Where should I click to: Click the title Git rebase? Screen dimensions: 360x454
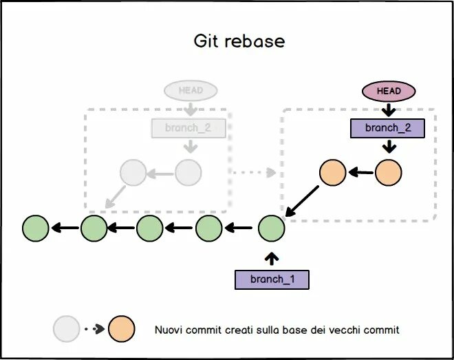click(x=239, y=41)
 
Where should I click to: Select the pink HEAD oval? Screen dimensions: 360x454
click(x=389, y=91)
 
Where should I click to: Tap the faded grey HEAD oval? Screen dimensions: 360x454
click(x=190, y=91)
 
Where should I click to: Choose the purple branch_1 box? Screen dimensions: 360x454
click(x=272, y=279)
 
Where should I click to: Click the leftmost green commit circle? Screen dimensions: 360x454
click(x=36, y=228)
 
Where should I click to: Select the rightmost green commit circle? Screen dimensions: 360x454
click(x=272, y=228)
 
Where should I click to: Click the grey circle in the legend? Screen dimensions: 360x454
click(x=67, y=330)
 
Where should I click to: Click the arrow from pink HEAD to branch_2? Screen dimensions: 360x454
click(x=389, y=109)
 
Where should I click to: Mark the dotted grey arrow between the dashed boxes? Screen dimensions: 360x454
click(x=254, y=172)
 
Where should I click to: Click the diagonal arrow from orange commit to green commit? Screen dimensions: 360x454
click(x=303, y=203)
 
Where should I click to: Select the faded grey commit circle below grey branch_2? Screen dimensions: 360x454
click(x=188, y=173)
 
